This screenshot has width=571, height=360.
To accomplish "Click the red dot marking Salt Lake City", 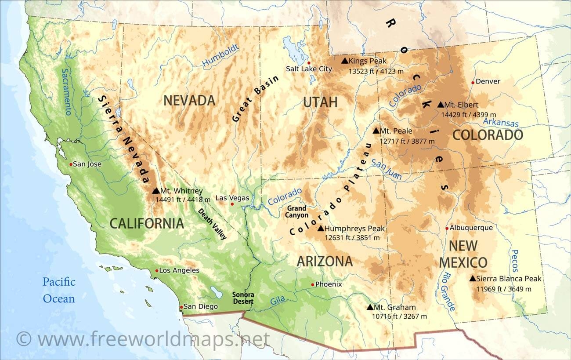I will click(x=309, y=63).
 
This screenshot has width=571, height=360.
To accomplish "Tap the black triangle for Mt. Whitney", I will click(x=155, y=191).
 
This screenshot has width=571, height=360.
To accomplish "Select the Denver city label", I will click(x=488, y=81).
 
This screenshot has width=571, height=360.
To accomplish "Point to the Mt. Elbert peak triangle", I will click(x=441, y=105).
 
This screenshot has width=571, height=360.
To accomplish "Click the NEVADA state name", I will click(x=189, y=101).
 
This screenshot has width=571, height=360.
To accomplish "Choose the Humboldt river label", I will click(x=220, y=56).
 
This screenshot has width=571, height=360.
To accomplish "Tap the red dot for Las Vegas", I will click(x=232, y=204).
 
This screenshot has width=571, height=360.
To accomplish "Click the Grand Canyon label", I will click(x=297, y=211).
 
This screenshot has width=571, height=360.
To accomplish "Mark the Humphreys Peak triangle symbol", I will click(x=321, y=229).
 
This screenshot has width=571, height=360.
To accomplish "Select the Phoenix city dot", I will click(x=313, y=284).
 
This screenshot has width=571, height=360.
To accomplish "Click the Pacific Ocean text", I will click(x=59, y=290).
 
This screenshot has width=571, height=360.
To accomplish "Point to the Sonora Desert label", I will click(x=243, y=298).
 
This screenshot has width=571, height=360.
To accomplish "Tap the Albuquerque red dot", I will click(x=447, y=228).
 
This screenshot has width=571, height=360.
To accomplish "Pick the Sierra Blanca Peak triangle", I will click(x=472, y=279).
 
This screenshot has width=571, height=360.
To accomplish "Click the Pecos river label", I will click(x=515, y=261).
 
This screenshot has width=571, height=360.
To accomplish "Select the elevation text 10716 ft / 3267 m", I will click(x=400, y=316).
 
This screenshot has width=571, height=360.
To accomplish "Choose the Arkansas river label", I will click(x=501, y=123).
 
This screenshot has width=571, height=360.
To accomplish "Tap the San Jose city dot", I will click(x=71, y=164).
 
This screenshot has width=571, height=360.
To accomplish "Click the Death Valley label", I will click(x=212, y=224).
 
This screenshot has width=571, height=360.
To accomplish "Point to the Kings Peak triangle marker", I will click(x=345, y=61).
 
